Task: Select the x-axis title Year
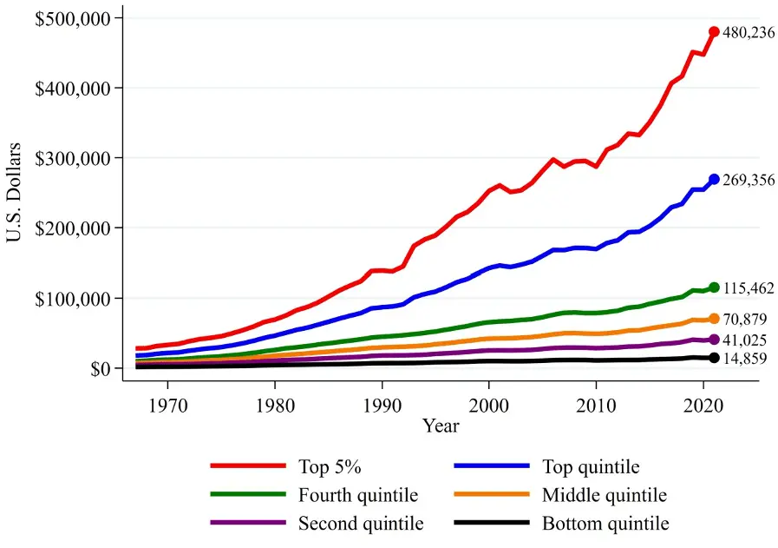coord(441,426)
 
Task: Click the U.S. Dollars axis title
coord(16,192)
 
